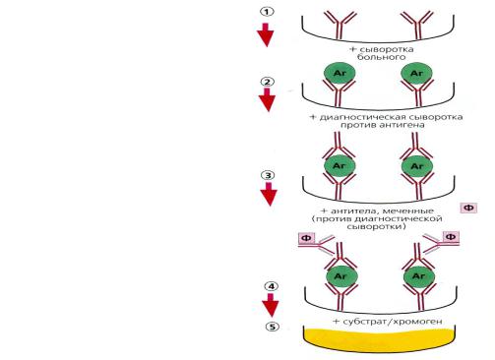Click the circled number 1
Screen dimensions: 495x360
(267, 12)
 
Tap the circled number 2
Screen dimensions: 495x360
(267, 82)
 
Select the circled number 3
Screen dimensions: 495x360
(268, 175)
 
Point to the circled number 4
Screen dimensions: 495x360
(271, 286)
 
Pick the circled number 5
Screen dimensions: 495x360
(273, 327)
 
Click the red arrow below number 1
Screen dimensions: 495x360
(265, 34)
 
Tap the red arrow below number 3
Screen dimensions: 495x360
(269, 194)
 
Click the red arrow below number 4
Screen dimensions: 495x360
(271, 305)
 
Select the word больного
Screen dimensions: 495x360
(382, 57)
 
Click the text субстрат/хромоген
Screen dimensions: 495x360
(393, 322)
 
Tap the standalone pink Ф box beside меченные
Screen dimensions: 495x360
(468, 208)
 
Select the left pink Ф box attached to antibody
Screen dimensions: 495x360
(306, 238)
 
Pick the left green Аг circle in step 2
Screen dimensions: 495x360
(340, 74)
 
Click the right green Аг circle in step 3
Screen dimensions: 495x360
(417, 166)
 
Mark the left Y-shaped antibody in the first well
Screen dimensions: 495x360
(340, 26)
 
